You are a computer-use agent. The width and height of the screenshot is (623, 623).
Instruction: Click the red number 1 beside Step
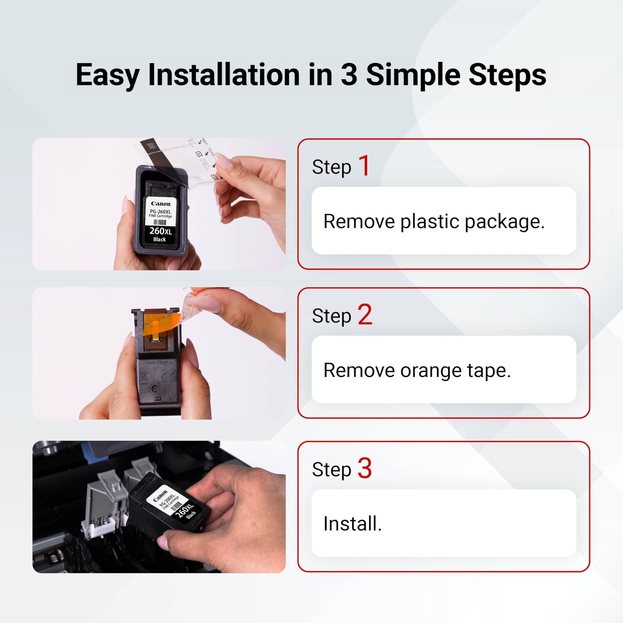tap(364, 166)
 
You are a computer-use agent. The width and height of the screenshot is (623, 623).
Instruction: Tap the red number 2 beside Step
tap(365, 315)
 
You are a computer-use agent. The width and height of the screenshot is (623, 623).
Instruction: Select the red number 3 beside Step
tap(365, 468)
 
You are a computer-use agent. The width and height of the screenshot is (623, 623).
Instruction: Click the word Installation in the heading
tap(224, 75)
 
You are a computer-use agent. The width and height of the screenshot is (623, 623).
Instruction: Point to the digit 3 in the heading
tap(348, 75)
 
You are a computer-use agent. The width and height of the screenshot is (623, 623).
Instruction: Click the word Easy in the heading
tap(108, 76)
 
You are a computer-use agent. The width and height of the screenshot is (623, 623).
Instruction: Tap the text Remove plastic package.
tap(434, 222)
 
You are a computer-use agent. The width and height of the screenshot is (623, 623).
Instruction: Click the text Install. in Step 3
tap(352, 524)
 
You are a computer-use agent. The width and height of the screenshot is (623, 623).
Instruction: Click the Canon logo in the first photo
tap(160, 203)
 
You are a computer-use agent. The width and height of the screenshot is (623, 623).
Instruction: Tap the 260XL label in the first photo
tap(160, 231)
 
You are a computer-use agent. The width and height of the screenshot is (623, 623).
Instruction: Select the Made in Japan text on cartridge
tap(157, 363)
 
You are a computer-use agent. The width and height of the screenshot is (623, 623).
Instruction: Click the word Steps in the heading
tap(507, 75)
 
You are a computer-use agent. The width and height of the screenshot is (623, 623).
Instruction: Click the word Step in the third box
tap(331, 470)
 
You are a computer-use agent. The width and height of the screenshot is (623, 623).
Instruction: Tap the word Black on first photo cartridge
tap(160, 239)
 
